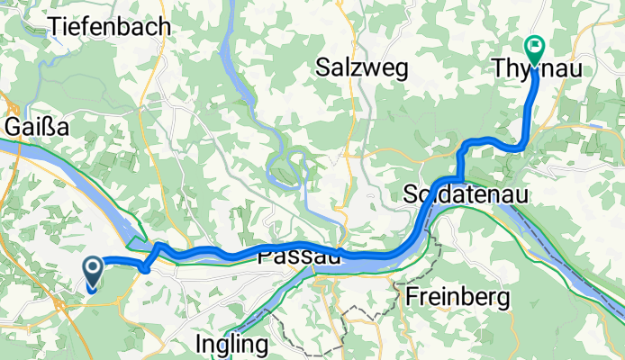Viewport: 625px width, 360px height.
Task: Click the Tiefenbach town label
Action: (x=111, y=27)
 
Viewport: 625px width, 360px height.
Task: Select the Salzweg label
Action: (x=362, y=67)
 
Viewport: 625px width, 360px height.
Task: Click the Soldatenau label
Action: (x=465, y=194)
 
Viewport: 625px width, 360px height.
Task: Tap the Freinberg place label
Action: (x=457, y=296)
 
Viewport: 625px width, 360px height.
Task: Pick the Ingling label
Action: (x=232, y=344)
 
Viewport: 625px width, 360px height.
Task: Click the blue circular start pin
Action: (x=93, y=267)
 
